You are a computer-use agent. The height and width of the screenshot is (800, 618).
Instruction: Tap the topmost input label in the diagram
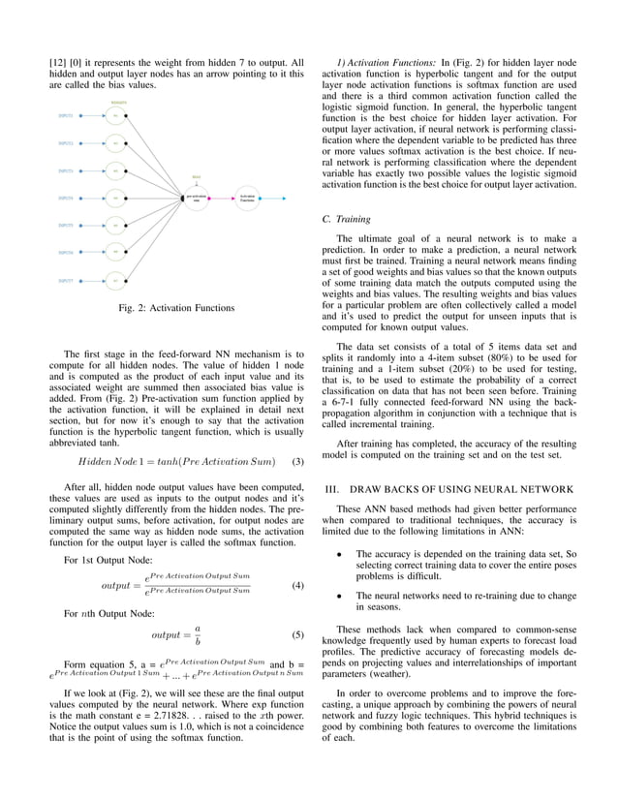[65, 115]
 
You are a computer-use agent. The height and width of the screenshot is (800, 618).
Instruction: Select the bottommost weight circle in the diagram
[115, 281]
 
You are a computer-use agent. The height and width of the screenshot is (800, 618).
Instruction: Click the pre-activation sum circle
[197, 198]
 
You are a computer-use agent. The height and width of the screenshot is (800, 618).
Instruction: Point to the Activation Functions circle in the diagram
[248, 198]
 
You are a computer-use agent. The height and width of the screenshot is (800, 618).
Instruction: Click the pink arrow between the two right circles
[222, 198]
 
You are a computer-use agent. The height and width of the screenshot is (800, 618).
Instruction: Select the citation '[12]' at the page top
[57, 63]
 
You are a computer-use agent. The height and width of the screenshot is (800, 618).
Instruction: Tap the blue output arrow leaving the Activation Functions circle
[274, 198]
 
